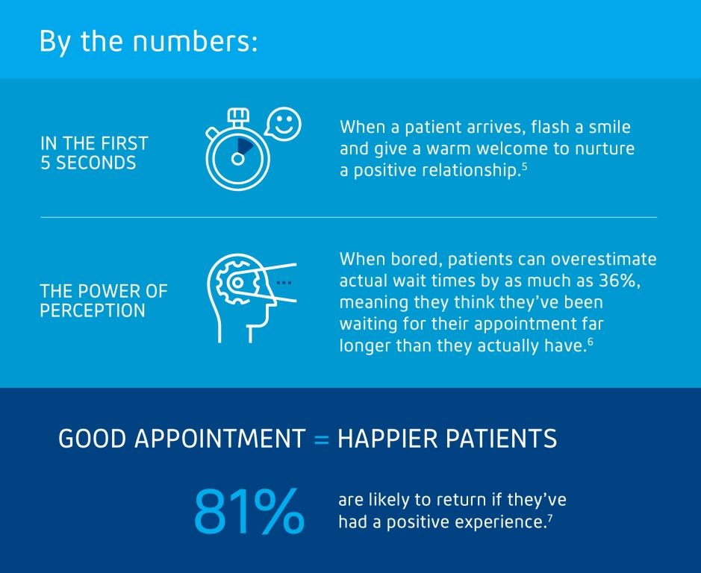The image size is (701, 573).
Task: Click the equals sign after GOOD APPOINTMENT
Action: pyautogui.click(x=321, y=439)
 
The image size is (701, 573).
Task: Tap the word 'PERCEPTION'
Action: pyautogui.click(x=93, y=310)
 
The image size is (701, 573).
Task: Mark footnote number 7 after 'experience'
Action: pyautogui.click(x=550, y=517)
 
